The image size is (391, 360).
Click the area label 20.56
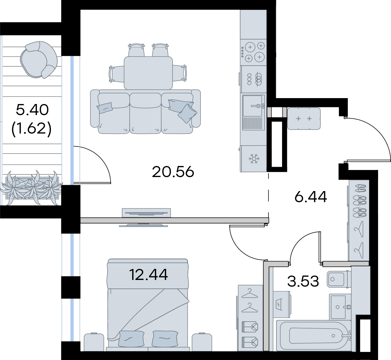[x=173, y=172]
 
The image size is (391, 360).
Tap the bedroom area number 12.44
[x=149, y=275]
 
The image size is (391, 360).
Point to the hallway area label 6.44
[x=311, y=197]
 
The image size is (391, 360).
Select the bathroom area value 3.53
[x=303, y=281]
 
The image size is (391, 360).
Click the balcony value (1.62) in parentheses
[x=31, y=129]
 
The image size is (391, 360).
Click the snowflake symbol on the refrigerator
[x=254, y=159]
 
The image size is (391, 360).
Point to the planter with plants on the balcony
[x=32, y=188]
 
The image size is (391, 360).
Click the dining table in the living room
[x=148, y=73]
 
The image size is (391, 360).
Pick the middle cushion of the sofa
[x=145, y=113]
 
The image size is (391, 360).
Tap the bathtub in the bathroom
[x=314, y=335]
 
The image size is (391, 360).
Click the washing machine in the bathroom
[x=282, y=304]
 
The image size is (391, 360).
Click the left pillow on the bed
[x=131, y=339]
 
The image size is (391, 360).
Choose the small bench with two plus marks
[x=304, y=118]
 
